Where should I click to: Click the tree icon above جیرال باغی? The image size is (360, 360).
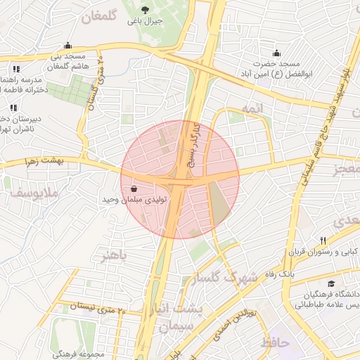[145, 10]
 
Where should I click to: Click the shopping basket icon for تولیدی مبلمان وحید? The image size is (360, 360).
[134, 188]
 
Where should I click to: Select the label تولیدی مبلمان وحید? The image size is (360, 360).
[134, 200]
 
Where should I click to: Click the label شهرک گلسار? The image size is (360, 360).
[229, 278]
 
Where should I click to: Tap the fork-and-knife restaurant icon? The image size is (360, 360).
[323, 240]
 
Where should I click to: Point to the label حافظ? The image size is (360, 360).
[276, 342]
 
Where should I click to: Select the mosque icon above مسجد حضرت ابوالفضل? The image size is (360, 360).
[276, 53]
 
